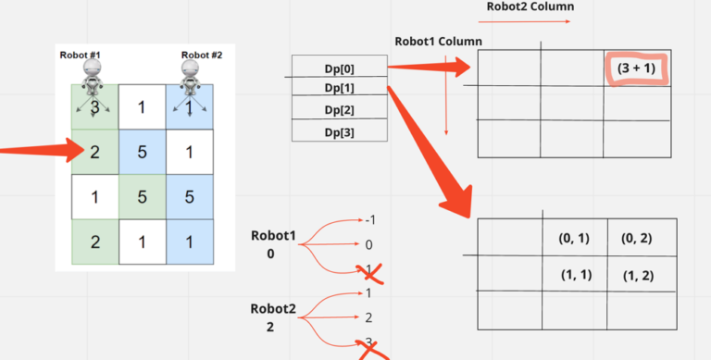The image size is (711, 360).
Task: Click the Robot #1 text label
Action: pos(81,56)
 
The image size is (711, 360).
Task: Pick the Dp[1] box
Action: pos(339,88)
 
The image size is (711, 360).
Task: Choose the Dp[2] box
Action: pos(339,110)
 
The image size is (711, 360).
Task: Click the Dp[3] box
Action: pos(339,131)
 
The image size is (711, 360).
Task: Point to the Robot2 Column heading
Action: pos(530,7)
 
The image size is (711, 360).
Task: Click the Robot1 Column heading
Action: pos(438,42)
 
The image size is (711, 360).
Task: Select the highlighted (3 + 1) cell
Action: pos(636,68)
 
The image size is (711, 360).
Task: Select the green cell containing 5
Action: pos(143,196)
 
